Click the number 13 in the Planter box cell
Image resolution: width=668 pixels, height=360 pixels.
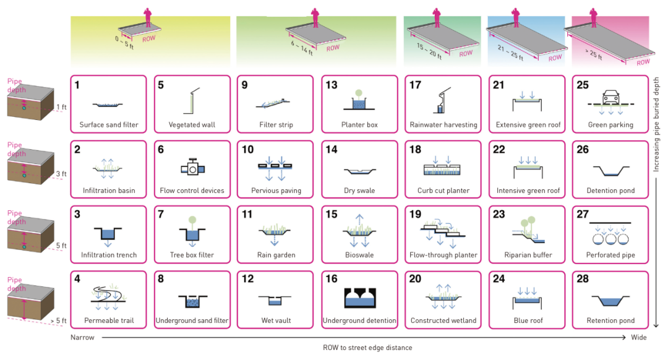click(332, 85)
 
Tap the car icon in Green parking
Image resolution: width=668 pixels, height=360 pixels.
click(610, 98)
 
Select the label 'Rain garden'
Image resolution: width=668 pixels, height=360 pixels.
click(276, 255)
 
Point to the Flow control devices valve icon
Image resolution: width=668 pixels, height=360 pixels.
click(192, 167)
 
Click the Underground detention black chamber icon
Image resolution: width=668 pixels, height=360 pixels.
click(359, 298)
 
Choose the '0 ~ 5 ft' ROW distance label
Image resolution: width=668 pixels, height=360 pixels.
click(124, 43)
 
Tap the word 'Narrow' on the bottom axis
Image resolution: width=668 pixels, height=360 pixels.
click(82, 337)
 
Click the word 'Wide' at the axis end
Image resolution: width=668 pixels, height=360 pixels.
click(638, 337)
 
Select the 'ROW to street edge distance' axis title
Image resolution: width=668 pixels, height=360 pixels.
click(367, 348)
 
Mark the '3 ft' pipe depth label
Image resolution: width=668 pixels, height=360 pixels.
click(61, 174)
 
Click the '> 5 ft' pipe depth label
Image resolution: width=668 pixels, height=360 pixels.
click(59, 320)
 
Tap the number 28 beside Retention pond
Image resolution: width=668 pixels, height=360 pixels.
click(583, 278)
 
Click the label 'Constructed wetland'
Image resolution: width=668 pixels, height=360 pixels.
click(443, 320)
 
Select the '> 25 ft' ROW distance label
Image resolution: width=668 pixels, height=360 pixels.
click(593, 54)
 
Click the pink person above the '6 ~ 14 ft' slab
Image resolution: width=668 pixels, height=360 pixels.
click(315, 18)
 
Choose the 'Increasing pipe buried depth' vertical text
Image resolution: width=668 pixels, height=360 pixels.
click(656, 124)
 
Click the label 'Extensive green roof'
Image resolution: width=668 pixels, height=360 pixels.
click(528, 125)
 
